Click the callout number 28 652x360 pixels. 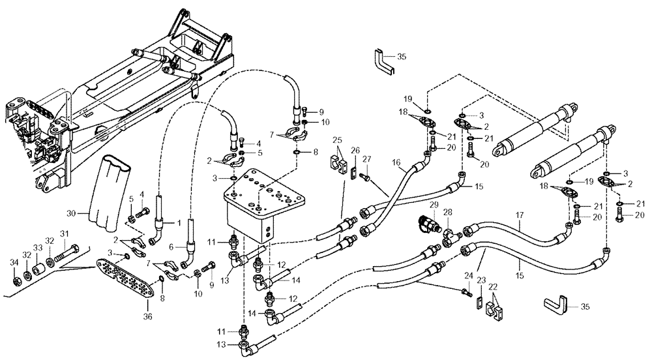[x=449, y=212]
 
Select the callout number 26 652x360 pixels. [x=355, y=151]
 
